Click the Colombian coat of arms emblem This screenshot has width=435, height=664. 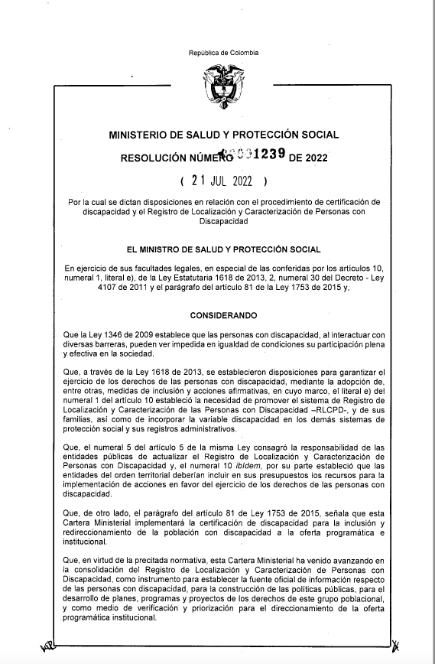(x=224, y=86)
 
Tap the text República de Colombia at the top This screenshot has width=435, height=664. (x=223, y=53)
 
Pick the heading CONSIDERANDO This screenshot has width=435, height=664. (x=224, y=315)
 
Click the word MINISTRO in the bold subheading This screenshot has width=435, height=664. (x=176, y=249)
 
